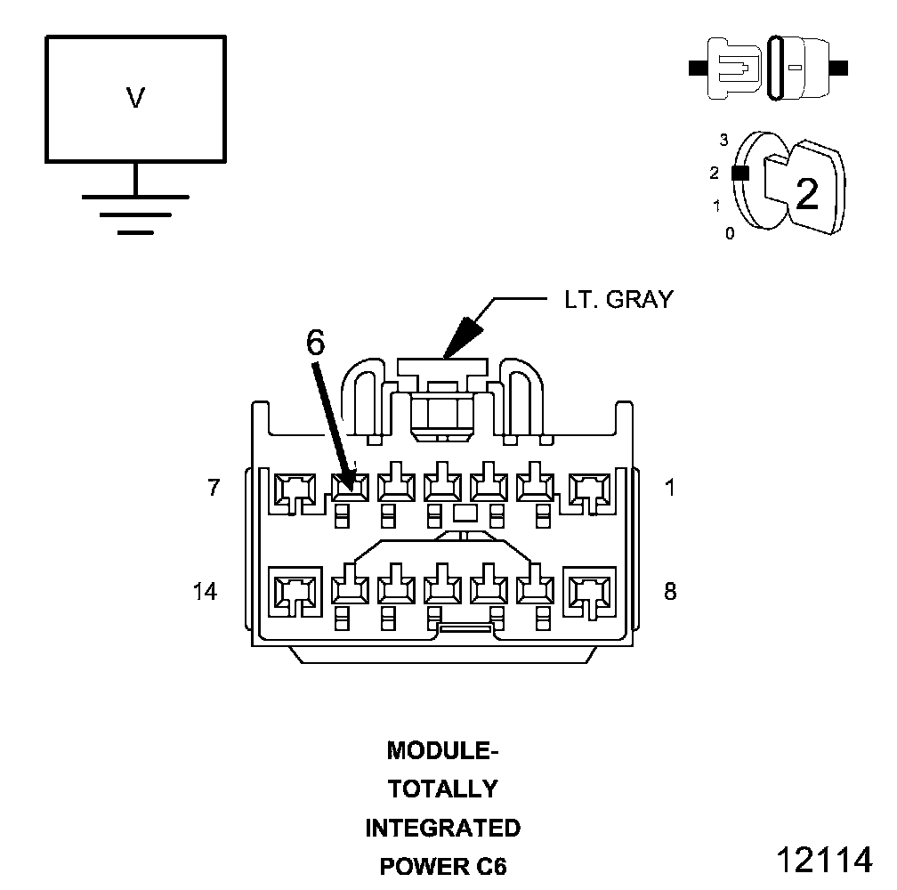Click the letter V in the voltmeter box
(135, 97)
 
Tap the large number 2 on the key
(806, 194)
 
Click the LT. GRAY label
(619, 300)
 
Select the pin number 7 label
(214, 488)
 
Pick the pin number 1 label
(669, 488)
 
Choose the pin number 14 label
(205, 591)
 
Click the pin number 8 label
(670, 591)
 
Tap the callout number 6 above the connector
(315, 343)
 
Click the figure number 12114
(824, 860)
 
